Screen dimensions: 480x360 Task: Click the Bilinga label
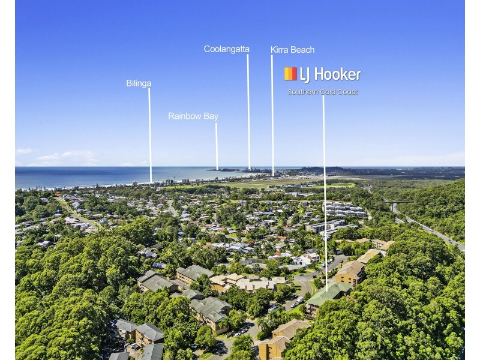(139, 83)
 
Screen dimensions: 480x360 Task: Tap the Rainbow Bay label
(193, 116)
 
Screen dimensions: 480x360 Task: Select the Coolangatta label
(227, 49)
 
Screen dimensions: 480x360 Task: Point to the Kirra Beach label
(293, 50)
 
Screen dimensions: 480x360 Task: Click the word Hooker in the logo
(338, 74)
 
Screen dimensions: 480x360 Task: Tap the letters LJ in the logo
(305, 75)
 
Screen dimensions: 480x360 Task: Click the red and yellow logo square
(290, 74)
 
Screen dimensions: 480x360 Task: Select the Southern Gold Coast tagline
(323, 92)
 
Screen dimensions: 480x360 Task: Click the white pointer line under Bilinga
(150, 136)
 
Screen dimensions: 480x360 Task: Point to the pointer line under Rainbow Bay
(217, 146)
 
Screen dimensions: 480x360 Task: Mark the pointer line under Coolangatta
(248, 112)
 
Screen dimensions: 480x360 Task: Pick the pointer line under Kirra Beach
(272, 115)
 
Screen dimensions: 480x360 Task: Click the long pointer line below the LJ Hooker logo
(325, 193)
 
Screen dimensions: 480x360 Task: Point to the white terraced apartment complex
(346, 209)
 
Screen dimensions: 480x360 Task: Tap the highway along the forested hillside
(428, 228)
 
